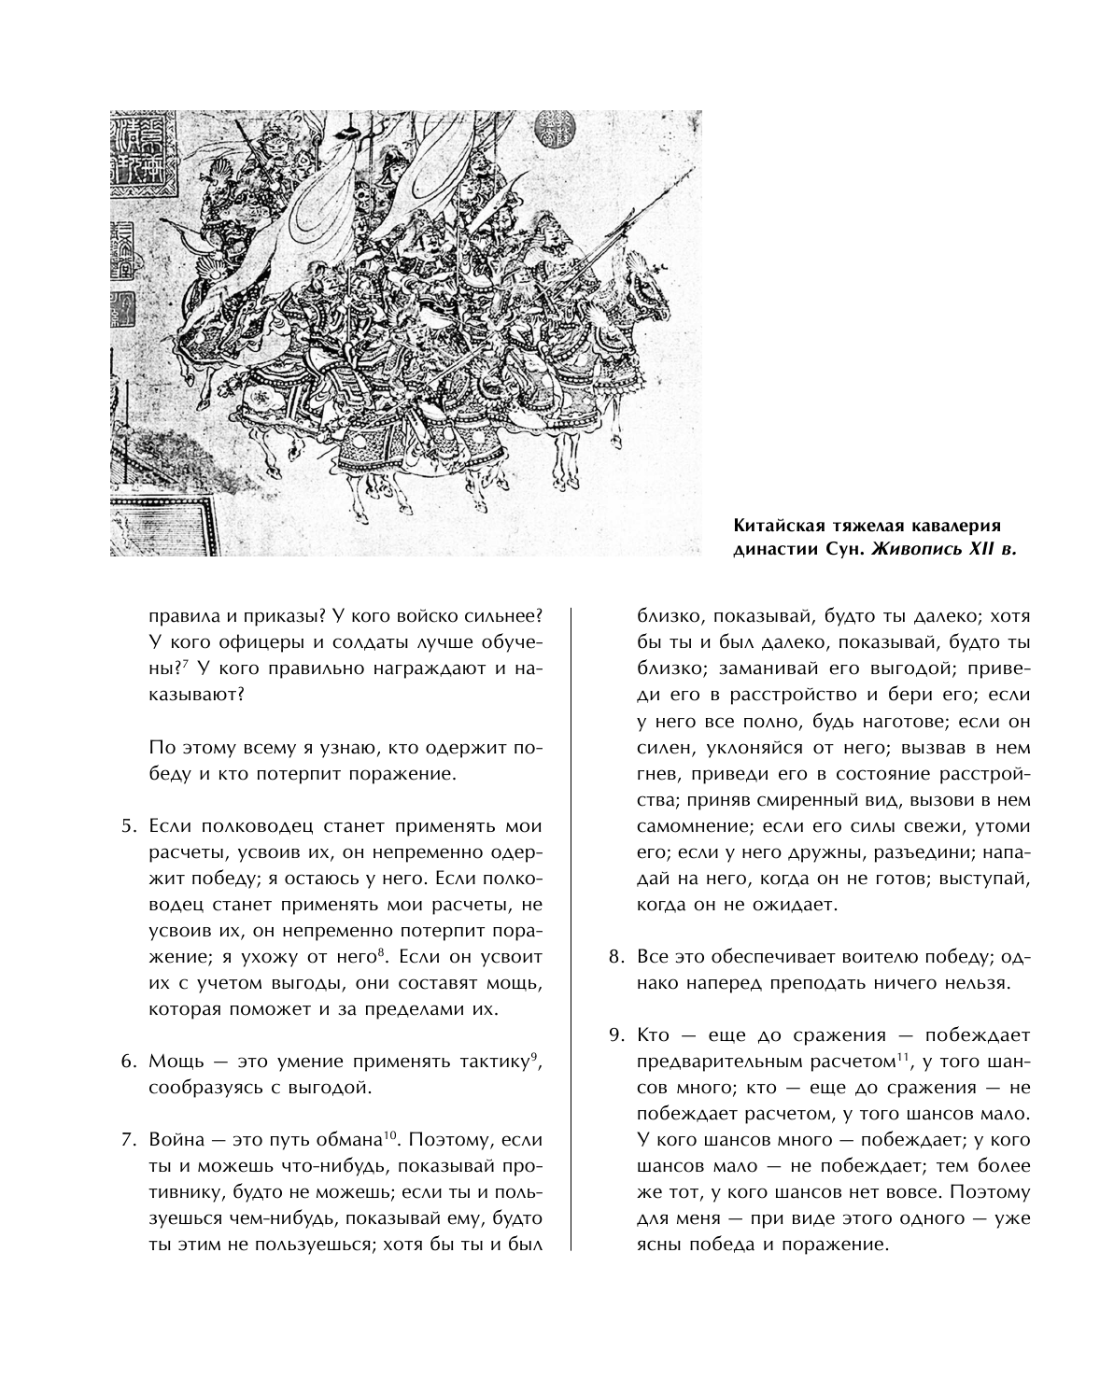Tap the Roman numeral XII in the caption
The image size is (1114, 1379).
982,549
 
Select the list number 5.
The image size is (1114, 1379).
129,826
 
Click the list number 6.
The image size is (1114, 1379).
129,1062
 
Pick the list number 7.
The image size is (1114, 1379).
129,1140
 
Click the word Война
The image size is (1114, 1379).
178,1140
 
